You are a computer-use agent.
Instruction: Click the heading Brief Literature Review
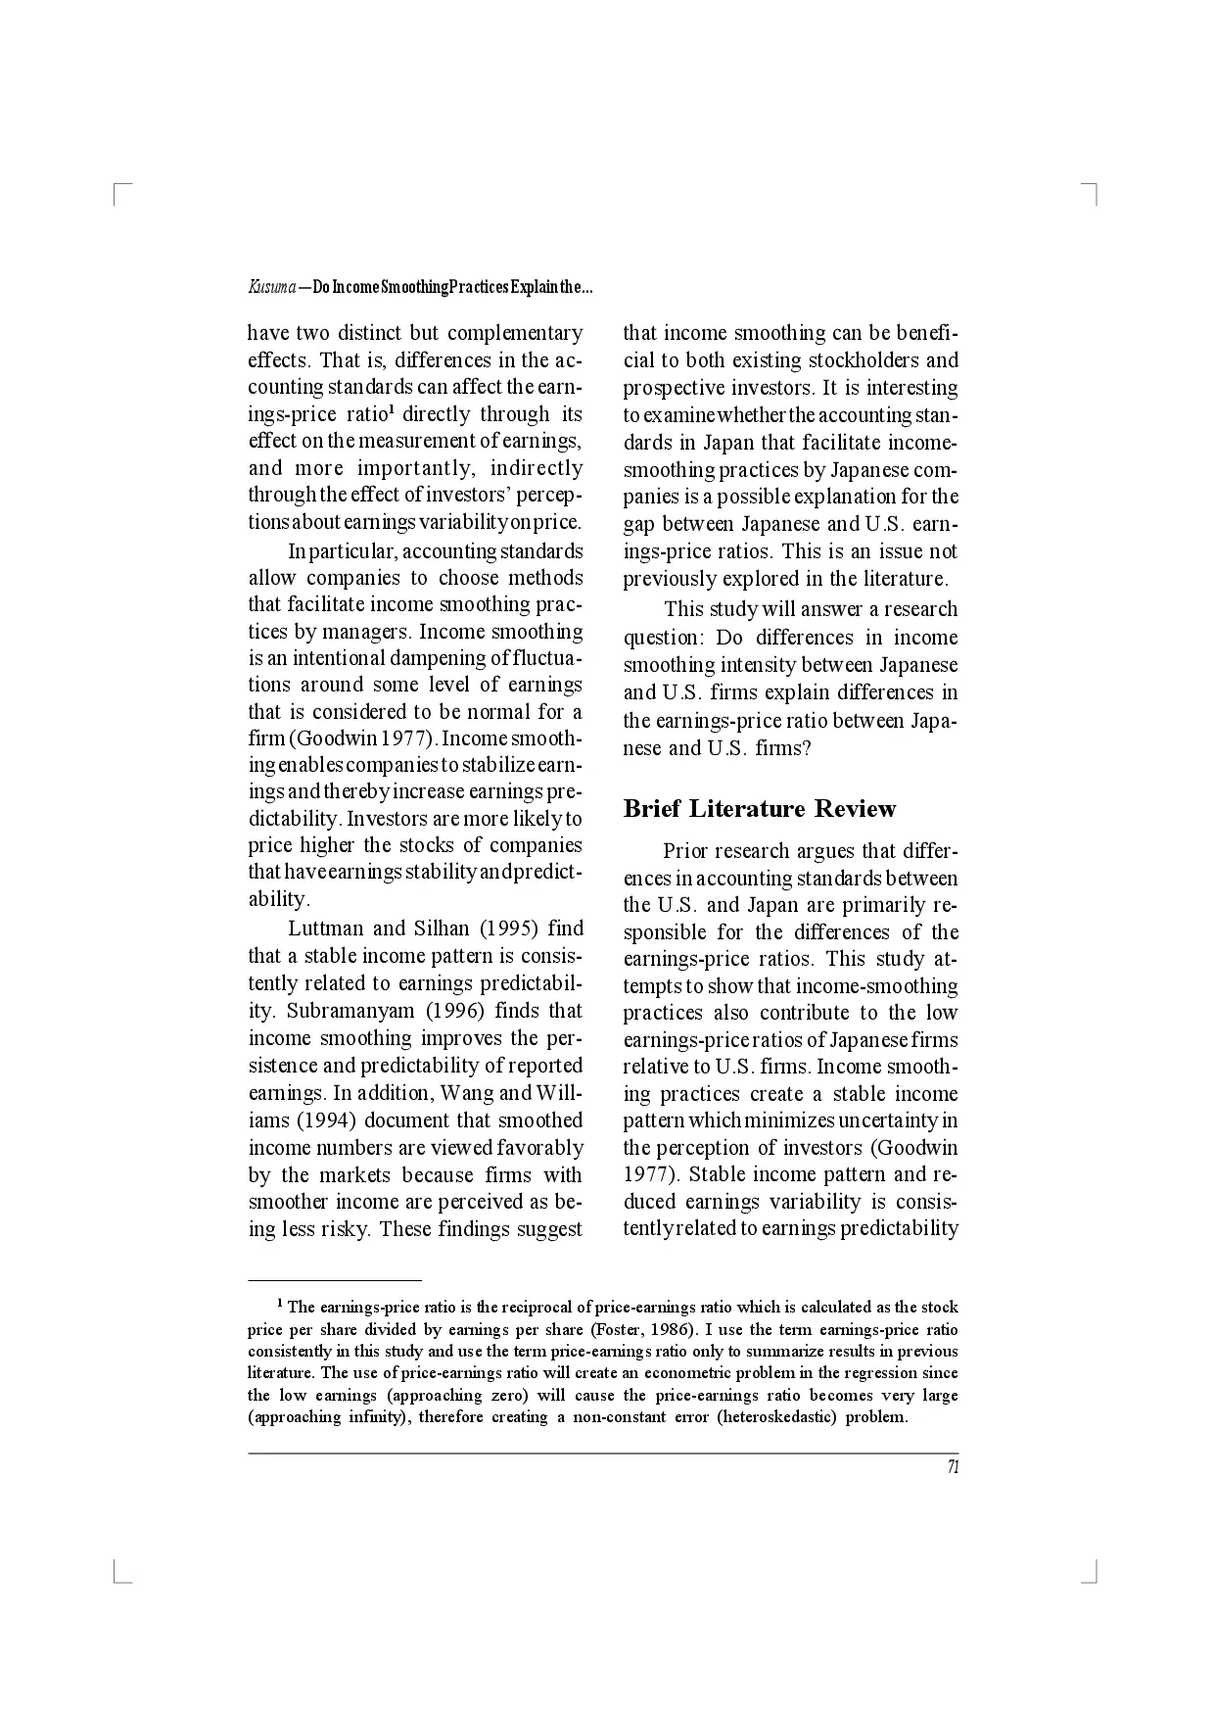(759, 809)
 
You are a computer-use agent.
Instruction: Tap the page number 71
(952, 1466)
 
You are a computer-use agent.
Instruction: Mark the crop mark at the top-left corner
(119, 191)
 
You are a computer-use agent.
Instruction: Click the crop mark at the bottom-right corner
(1093, 1575)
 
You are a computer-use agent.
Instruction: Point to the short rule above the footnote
(334, 1279)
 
